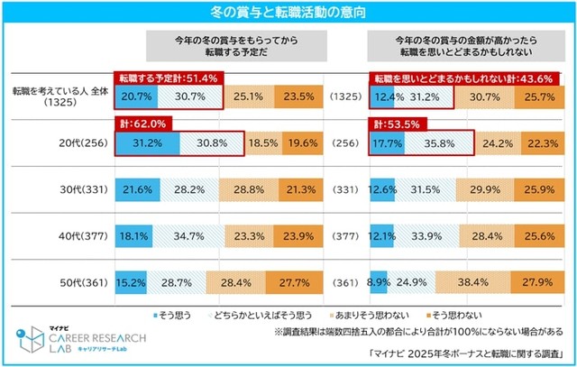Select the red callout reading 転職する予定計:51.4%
168,79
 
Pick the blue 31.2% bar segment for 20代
147,142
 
